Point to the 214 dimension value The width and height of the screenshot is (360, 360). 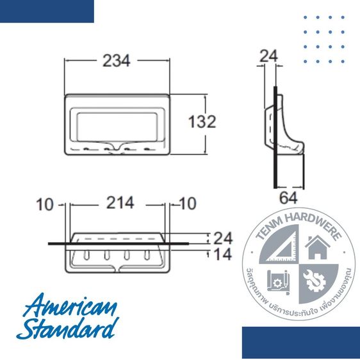(x=120, y=203)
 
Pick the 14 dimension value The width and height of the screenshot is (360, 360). (x=222, y=254)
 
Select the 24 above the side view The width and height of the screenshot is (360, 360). (x=269, y=56)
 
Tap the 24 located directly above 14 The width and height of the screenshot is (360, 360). (x=222, y=238)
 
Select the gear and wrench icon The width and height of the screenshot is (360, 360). (x=315, y=279)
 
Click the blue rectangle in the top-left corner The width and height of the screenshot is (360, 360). (x=47, y=11)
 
